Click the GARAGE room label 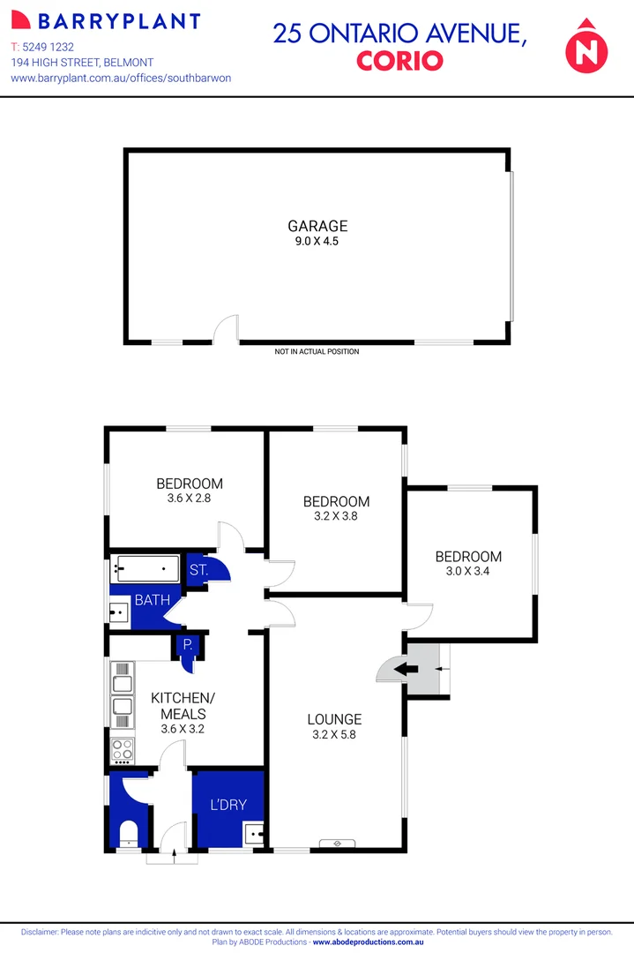[x=317, y=226]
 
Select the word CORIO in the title [x=399, y=61]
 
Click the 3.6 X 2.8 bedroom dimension [x=189, y=499]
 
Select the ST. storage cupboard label [x=198, y=570]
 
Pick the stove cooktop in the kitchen [x=122, y=750]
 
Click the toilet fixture [x=129, y=831]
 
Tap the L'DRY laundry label [x=227, y=805]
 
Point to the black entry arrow [x=407, y=669]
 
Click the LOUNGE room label [x=335, y=719]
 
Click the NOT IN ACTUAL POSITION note [x=317, y=351]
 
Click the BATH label [x=151, y=601]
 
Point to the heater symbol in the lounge [x=337, y=842]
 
